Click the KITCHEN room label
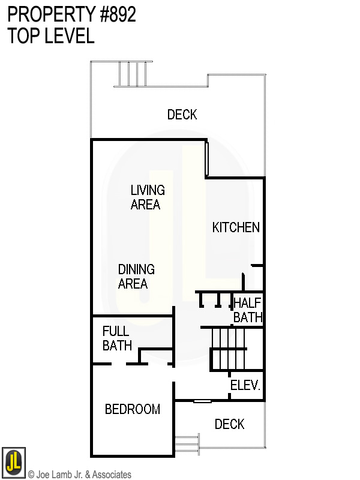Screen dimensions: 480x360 [236, 227]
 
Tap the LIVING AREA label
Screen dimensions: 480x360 [147, 197]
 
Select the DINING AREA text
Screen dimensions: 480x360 [136, 277]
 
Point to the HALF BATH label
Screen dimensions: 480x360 [247, 310]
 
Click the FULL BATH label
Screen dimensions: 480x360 [116, 338]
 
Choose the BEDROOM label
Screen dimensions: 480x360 [132, 410]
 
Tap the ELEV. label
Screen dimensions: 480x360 [245, 386]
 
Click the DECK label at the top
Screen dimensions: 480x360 [182, 115]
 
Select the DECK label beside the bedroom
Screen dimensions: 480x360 [229, 425]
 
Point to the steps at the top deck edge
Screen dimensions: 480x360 [132, 74]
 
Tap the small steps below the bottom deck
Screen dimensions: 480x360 [187, 444]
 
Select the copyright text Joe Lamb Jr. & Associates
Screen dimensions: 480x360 [83, 475]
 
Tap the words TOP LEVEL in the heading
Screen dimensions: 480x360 [51, 36]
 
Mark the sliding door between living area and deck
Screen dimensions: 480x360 [206, 158]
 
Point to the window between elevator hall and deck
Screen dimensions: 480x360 [202, 401]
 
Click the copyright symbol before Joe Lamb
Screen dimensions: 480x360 [31, 475]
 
